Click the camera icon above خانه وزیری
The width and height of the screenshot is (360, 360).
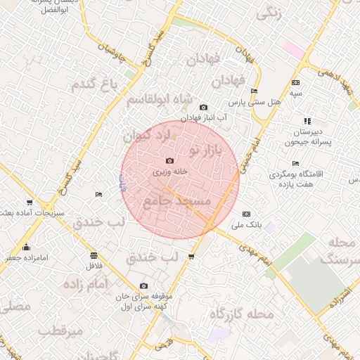tap(169, 161)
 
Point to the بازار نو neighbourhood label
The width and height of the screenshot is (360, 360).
tap(205, 150)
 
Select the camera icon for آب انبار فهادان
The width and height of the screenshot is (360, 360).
tap(203, 108)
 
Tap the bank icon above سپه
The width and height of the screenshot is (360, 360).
tap(295, 82)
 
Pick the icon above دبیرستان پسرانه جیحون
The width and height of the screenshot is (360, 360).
tap(307, 121)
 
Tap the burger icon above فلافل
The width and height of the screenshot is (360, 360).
tap(94, 255)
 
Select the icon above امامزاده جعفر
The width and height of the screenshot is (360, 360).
tap(27, 247)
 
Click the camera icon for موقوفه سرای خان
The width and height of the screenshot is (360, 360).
tap(144, 285)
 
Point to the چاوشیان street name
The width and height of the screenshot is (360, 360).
tap(111, 48)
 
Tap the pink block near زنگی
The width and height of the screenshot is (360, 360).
tap(293, 49)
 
